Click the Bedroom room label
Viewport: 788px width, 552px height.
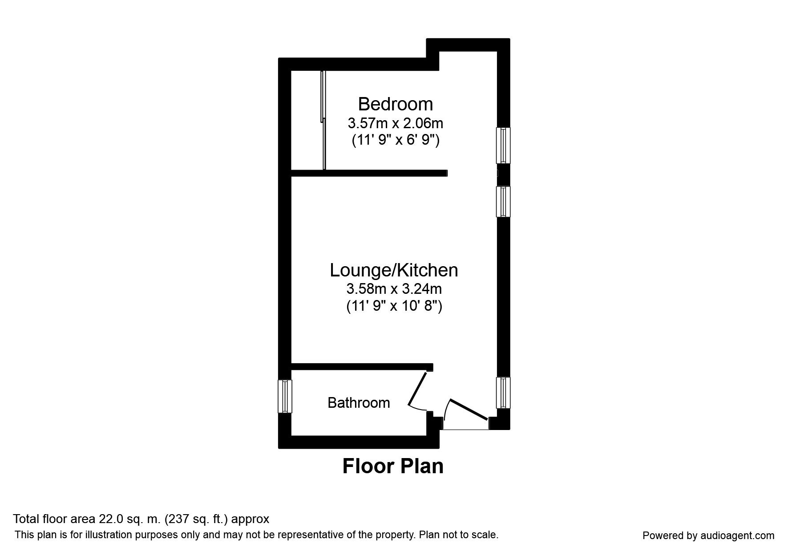(x=395, y=104)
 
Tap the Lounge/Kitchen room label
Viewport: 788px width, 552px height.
(x=394, y=270)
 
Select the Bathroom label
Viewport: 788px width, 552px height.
(x=359, y=403)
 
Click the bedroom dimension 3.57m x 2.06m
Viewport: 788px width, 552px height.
(x=395, y=122)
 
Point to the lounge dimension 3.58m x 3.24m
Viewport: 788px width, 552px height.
(x=394, y=289)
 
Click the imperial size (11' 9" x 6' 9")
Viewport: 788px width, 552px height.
(x=396, y=140)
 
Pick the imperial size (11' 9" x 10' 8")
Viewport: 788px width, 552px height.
(x=394, y=307)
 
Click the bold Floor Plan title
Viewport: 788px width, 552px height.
(x=393, y=467)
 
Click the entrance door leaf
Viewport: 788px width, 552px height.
(x=469, y=409)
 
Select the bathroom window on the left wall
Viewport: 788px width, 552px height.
(x=285, y=396)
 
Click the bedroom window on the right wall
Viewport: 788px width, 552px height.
(x=503, y=146)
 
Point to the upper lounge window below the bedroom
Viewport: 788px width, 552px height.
(x=503, y=202)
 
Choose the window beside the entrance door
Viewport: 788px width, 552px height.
(x=503, y=393)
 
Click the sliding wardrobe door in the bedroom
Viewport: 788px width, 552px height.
(x=323, y=120)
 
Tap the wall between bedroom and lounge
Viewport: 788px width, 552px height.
(x=369, y=173)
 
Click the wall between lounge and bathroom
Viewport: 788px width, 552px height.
(x=362, y=367)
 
